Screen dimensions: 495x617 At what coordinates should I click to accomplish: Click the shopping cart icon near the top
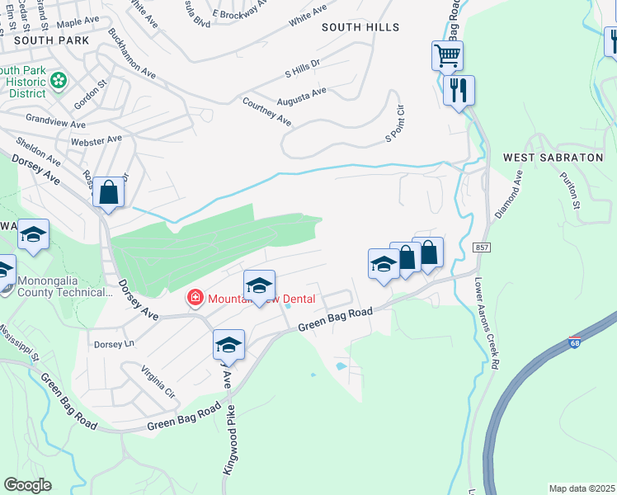[447, 57]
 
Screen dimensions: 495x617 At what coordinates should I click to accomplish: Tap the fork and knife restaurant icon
[459, 88]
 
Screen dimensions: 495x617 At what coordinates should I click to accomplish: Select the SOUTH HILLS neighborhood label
[360, 27]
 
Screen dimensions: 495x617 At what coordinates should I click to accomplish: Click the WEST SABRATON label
[542, 158]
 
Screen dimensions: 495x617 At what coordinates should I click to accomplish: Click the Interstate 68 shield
[575, 341]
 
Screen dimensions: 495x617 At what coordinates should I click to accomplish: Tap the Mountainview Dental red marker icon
[195, 297]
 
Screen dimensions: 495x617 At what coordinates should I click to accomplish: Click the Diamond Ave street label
[509, 194]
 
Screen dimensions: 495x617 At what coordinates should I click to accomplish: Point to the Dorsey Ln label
[114, 344]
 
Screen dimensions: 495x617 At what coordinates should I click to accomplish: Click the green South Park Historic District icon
[58, 80]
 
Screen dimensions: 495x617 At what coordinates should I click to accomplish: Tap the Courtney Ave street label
[266, 111]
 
